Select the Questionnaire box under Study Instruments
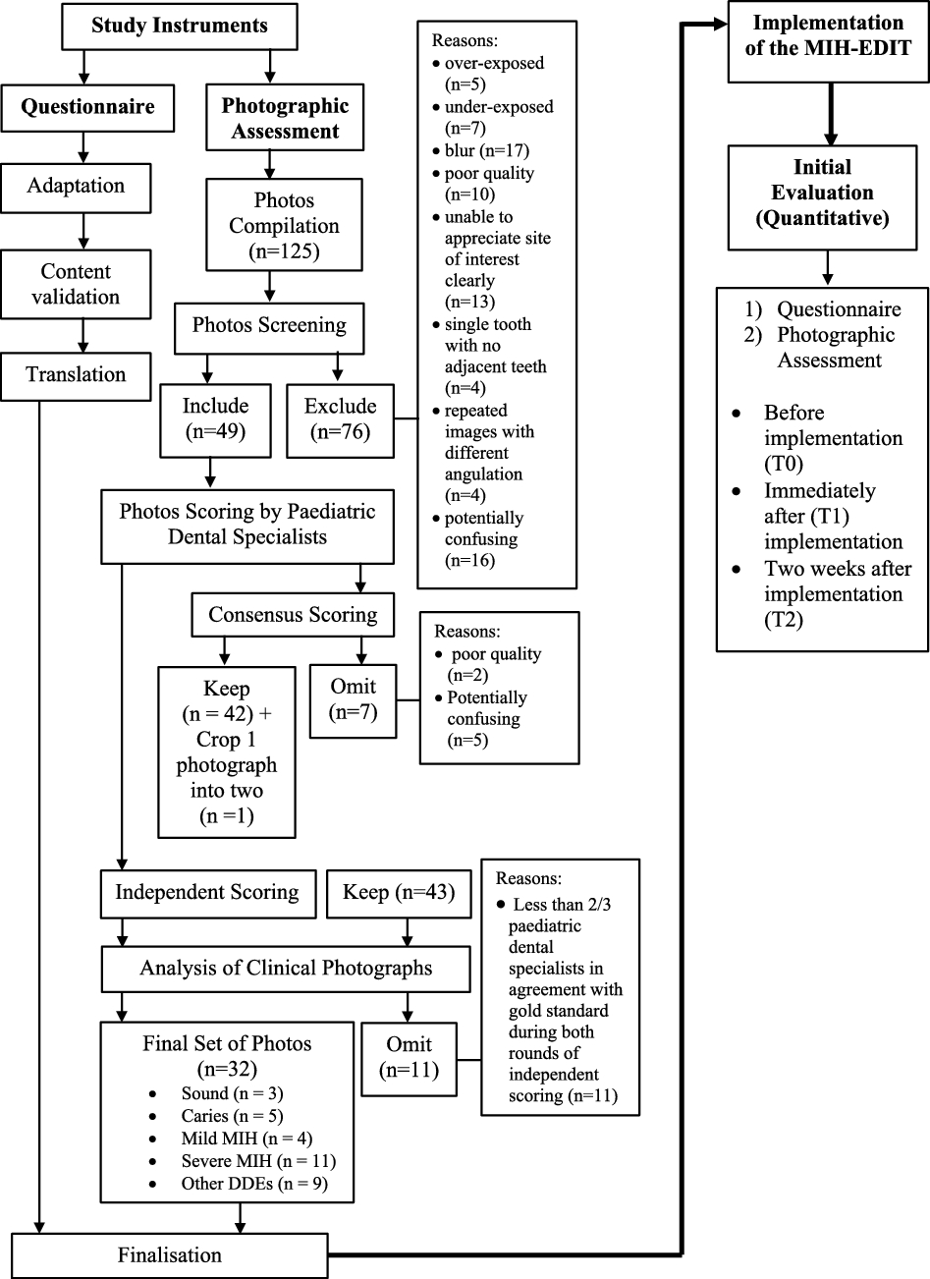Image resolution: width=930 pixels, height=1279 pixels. pyautogui.click(x=88, y=108)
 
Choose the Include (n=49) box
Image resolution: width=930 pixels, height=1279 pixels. pyautogui.click(x=215, y=418)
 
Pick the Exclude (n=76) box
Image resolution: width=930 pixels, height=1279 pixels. pyautogui.click(x=340, y=418)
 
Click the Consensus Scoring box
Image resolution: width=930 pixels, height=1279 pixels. pyautogui.click(x=293, y=615)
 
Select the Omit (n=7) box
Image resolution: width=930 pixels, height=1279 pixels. pyautogui.click(x=353, y=698)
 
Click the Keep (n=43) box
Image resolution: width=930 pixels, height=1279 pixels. pyautogui.click(x=399, y=893)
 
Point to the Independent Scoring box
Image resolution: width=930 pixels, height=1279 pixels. pyautogui.click(x=207, y=893)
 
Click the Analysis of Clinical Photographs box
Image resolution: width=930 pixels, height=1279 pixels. pyautogui.click(x=286, y=969)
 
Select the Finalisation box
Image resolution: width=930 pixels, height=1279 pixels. pyautogui.click(x=170, y=1254)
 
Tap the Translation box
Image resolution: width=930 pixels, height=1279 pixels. pyautogui.click(x=76, y=375)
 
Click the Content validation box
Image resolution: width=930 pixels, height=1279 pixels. pyautogui.click(x=76, y=284)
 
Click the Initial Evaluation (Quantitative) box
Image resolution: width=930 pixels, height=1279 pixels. pyautogui.click(x=823, y=193)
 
